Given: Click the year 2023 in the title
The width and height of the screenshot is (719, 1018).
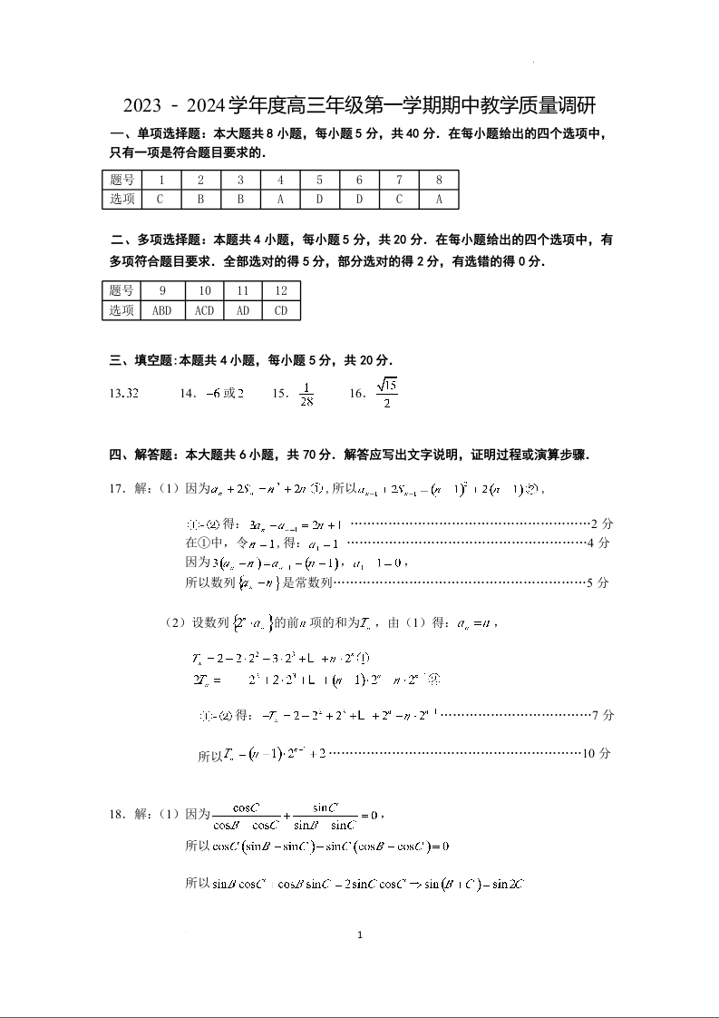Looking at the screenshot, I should click(x=149, y=105).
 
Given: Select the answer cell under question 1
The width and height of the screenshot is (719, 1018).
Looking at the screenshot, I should click(x=160, y=199).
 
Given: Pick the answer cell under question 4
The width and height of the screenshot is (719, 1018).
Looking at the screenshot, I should click(x=280, y=199).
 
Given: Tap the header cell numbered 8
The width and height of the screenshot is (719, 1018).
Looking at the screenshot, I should click(x=439, y=180).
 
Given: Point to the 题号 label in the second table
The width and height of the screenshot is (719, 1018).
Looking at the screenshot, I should click(x=121, y=290).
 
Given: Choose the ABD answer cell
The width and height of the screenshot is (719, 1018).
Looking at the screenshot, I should click(x=162, y=310).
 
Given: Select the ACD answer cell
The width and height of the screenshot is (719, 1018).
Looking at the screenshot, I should click(x=205, y=310).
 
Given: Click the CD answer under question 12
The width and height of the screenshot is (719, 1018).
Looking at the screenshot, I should click(x=281, y=310).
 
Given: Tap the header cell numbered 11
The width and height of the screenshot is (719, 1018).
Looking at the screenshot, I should click(x=243, y=290).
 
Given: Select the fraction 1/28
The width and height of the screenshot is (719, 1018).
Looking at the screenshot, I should click(x=306, y=394).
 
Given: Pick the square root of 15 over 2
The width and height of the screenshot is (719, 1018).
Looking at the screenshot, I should click(x=386, y=393).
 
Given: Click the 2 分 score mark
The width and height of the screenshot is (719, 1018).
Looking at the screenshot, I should click(x=601, y=524).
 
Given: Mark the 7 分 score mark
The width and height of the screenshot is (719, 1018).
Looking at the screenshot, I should click(x=602, y=715).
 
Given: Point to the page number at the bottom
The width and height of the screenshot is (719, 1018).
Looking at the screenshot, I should click(x=360, y=935).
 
